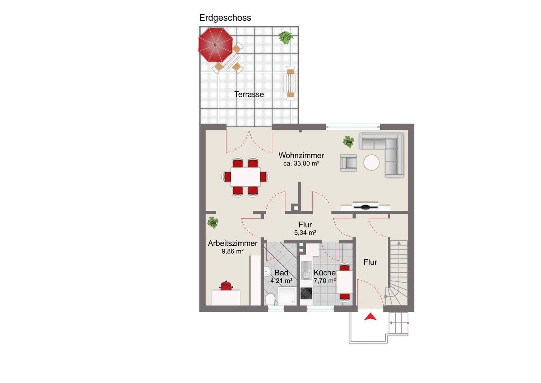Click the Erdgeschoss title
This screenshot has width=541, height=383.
pyautogui.click(x=225, y=18)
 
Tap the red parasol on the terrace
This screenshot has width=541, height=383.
pyautogui.click(x=215, y=45)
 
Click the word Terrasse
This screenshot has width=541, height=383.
pyautogui.click(x=249, y=94)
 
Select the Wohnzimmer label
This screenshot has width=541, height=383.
pyautogui.click(x=301, y=155)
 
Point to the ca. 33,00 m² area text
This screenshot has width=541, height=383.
pyautogui.click(x=301, y=163)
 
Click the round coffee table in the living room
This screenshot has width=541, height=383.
pyautogui.click(x=372, y=162)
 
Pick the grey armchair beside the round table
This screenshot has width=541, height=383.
pyautogui.click(x=349, y=163)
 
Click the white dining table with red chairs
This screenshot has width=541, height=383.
pyautogui.click(x=245, y=177)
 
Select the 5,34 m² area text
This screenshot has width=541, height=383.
pyautogui.click(x=305, y=233)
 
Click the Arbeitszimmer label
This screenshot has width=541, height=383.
pyautogui.click(x=233, y=243)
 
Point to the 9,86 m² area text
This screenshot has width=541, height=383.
pyautogui.click(x=232, y=251)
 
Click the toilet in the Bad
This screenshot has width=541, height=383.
pyautogui.click(x=270, y=299)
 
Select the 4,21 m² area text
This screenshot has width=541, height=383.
pyautogui.click(x=281, y=281)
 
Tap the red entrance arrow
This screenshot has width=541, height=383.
pyautogui.click(x=370, y=317)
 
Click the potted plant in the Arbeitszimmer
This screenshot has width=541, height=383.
pyautogui.click(x=213, y=222)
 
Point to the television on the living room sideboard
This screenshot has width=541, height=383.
pyautogui.click(x=365, y=206)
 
